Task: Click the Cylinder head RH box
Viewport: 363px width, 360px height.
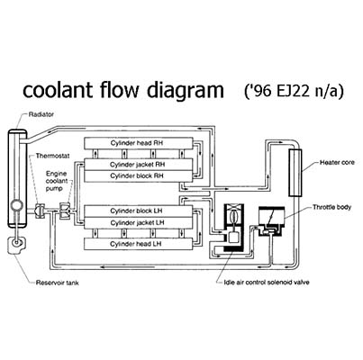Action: (139, 143)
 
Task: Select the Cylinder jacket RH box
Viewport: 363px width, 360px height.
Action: (138, 165)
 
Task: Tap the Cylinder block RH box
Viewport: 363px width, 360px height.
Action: (138, 176)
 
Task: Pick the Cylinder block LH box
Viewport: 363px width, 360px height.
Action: (138, 211)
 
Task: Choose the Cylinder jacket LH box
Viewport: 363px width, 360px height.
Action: (138, 222)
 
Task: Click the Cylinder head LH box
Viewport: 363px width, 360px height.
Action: (138, 244)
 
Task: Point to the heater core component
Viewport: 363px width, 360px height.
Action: (295, 173)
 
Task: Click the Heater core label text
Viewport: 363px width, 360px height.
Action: (337, 163)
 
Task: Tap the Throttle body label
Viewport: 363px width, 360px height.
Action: (331, 207)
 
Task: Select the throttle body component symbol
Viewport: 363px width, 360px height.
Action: (271, 221)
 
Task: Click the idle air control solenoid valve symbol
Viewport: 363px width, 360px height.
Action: (234, 228)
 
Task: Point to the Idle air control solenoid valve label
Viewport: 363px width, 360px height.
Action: (267, 283)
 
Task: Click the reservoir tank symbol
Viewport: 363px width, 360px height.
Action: (16, 245)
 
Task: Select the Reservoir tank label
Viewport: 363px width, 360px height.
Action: (58, 283)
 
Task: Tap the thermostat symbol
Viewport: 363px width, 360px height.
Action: (40, 210)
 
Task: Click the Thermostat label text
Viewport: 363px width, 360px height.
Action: (52, 156)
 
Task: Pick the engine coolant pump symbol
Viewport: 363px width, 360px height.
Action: (65, 211)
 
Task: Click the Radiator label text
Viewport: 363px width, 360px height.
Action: (41, 114)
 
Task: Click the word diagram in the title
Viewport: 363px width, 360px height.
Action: (186, 91)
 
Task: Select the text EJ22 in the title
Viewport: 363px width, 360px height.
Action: (293, 91)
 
